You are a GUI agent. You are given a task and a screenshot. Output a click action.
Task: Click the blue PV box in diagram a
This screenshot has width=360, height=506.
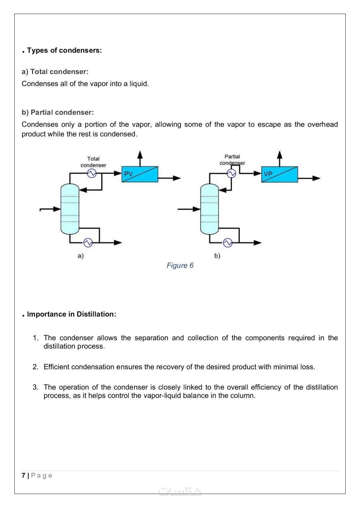point(140,174)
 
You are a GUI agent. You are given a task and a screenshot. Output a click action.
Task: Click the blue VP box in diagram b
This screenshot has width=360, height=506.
point(279,174)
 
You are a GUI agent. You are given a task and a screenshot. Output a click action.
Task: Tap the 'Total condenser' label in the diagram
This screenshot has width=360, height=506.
point(93,162)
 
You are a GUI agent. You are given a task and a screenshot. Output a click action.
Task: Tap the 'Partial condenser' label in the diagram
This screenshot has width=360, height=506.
point(232,159)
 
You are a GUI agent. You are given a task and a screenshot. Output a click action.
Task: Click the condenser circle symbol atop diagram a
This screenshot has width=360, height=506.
point(92,173)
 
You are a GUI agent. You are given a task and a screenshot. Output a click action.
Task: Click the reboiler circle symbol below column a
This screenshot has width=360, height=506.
point(88,242)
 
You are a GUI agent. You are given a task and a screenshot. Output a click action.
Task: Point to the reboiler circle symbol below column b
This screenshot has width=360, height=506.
point(228,242)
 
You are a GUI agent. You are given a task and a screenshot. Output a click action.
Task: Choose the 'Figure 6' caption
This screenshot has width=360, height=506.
point(180,266)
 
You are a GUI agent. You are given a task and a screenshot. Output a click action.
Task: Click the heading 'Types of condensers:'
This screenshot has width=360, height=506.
point(64,50)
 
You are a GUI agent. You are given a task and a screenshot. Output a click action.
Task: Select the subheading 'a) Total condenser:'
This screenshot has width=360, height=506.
point(55,72)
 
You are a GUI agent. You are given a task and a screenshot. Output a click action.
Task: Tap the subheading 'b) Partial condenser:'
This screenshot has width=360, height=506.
point(58,112)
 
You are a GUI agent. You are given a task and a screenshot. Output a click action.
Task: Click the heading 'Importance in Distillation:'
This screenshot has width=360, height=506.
point(71,314)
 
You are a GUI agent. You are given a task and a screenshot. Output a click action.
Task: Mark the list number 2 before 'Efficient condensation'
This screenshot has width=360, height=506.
point(35,367)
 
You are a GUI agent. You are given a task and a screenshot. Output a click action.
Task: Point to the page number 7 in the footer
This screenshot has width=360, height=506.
point(23,475)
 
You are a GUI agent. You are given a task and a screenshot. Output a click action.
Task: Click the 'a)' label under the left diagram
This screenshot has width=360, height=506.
point(81,256)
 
